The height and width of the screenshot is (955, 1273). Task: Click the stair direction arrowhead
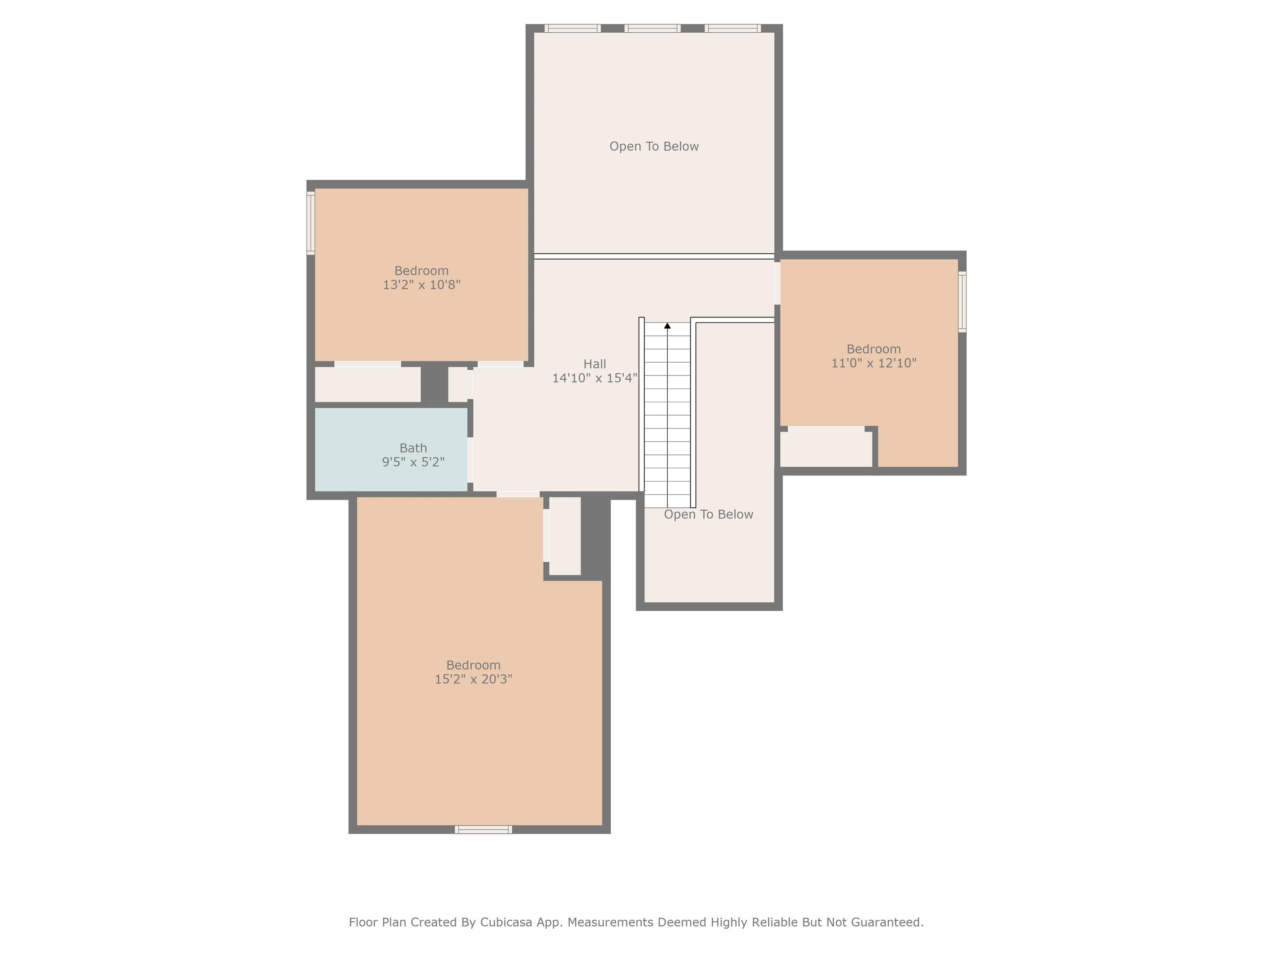point(668,326)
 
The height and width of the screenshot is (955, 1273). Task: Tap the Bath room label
point(413,448)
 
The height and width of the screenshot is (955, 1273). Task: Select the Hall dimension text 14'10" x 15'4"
point(595,378)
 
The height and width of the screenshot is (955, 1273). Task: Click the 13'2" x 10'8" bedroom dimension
point(422,285)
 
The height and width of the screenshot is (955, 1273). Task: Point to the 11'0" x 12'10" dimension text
point(874,363)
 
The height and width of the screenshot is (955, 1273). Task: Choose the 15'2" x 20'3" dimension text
point(474,679)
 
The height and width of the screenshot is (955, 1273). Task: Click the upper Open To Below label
point(654,147)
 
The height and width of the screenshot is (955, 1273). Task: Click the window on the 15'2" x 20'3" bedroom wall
point(484,829)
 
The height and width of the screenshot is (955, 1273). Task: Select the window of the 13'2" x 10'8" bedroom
point(311,223)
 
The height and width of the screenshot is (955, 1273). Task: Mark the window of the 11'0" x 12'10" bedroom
point(962,302)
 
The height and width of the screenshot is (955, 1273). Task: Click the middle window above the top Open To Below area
point(653,28)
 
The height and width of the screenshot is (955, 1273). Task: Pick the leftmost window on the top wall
point(573,28)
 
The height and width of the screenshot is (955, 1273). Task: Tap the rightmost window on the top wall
point(733,28)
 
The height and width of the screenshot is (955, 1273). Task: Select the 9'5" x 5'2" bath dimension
point(413,462)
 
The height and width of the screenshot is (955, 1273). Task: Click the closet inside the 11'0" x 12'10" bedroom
point(826,449)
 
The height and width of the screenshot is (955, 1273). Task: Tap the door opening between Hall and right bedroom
point(777,283)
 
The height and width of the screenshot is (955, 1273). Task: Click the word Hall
point(595,364)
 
